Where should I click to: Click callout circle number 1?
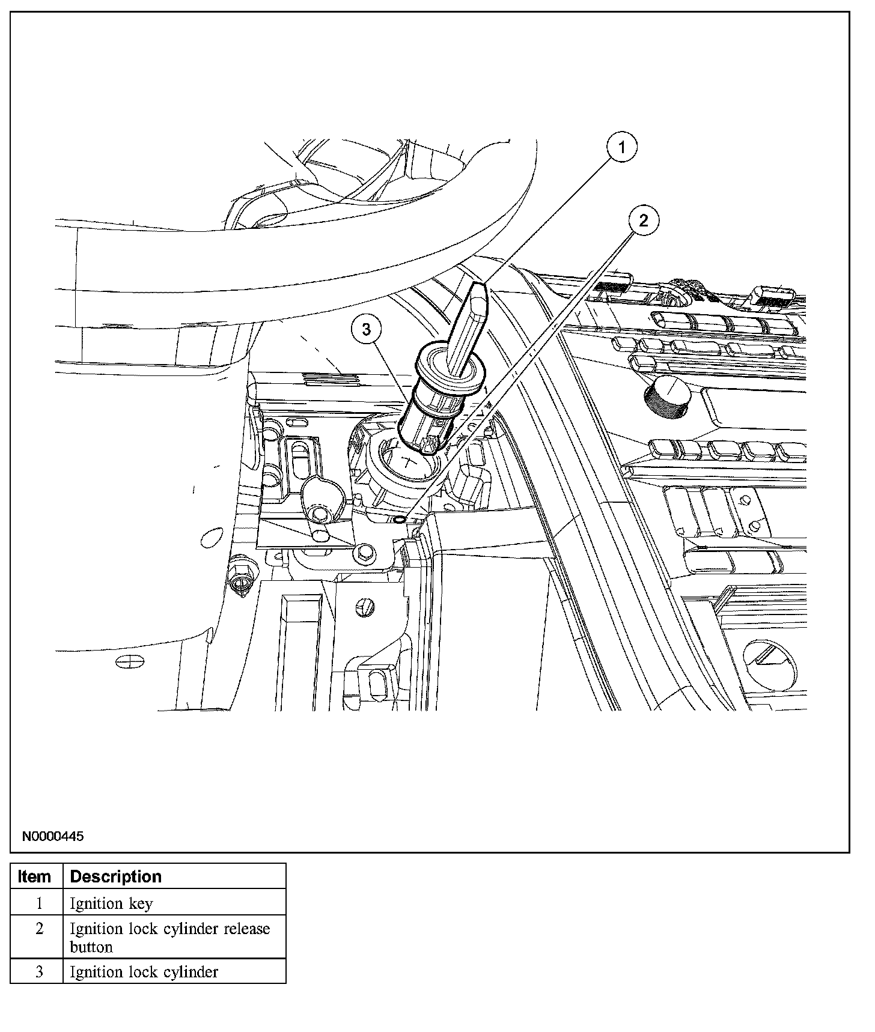621,147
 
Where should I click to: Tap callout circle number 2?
644,221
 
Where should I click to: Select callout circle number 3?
367,329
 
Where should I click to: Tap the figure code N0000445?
53,836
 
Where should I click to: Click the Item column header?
35,876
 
